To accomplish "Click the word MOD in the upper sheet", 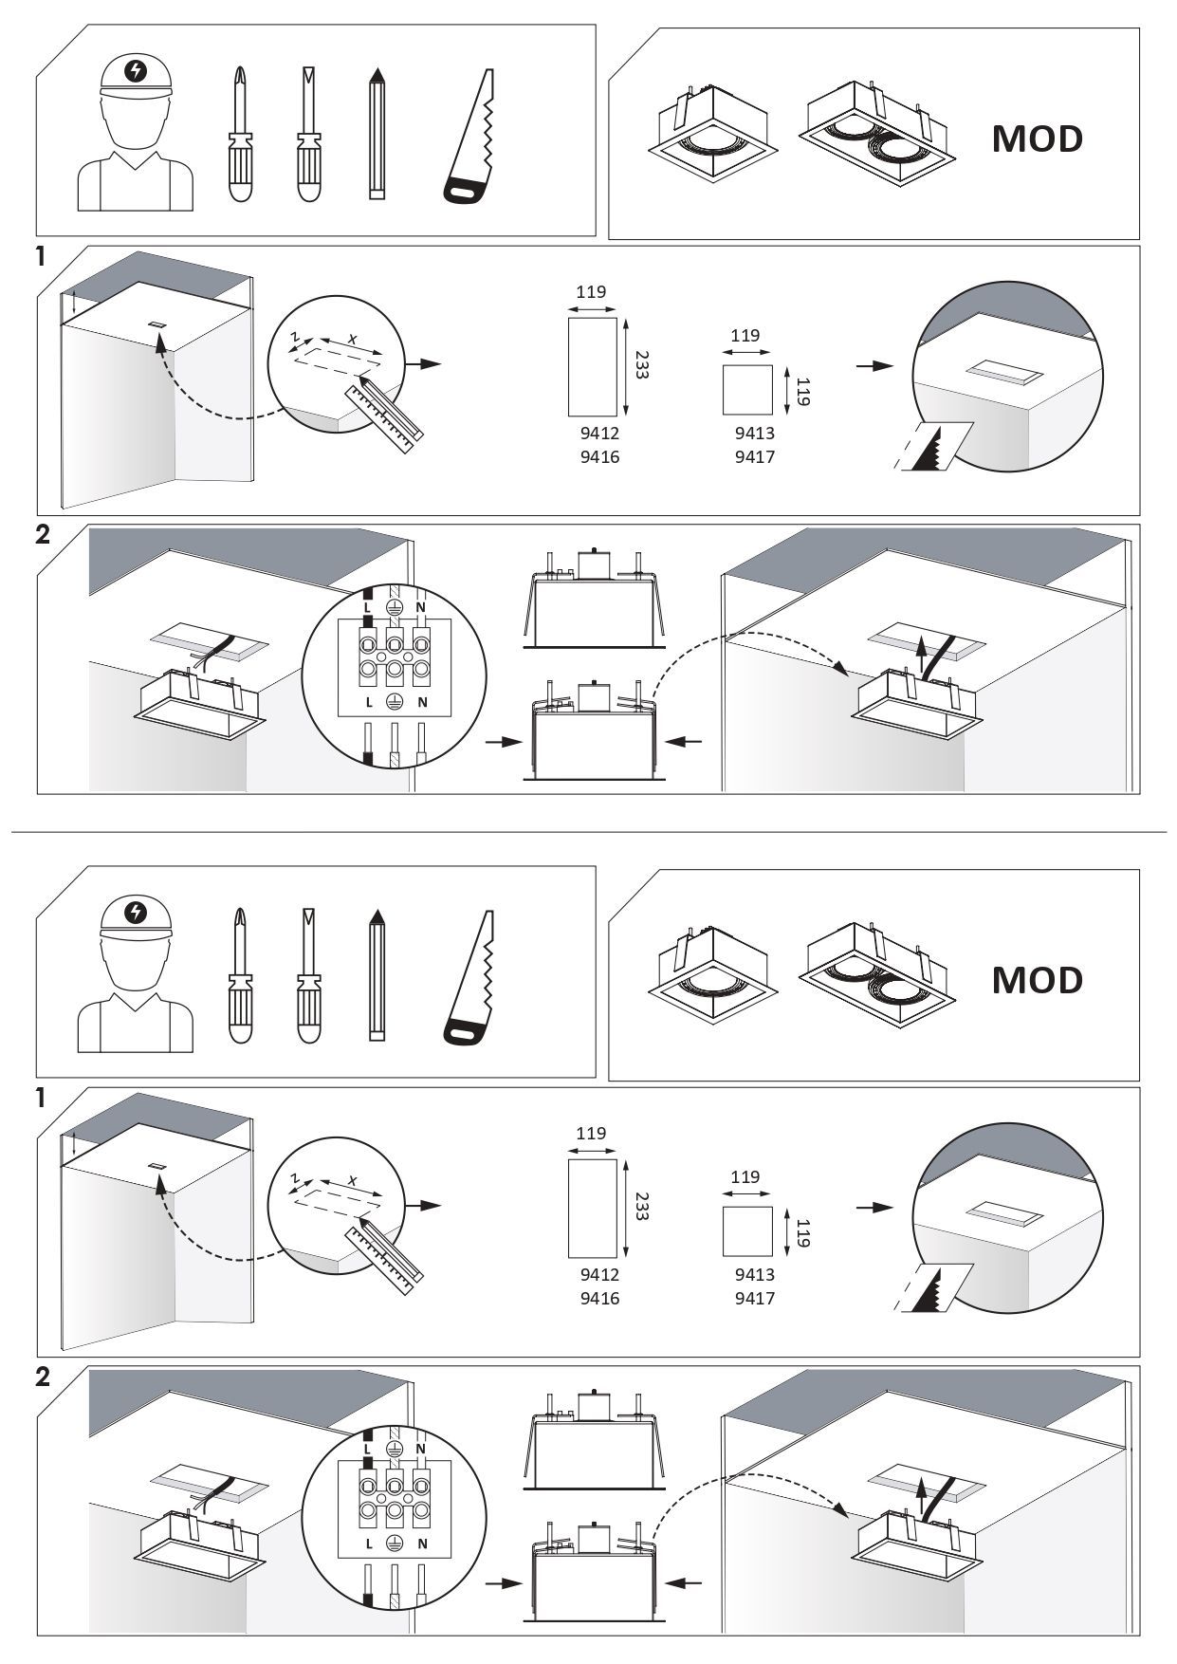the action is pos(1037,139).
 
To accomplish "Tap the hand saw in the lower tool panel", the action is pos(469,977).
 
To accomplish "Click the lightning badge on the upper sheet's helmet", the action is pos(137,70).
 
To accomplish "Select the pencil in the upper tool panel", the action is pos(377,133).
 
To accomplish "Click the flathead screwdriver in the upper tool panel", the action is pos(308,134).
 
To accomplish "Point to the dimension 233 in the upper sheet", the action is pos(640,365).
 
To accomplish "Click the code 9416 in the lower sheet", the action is pos(599,1298).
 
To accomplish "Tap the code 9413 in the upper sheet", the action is pos(754,434).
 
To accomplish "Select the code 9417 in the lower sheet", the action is pos(754,1298).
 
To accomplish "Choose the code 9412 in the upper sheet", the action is pos(599,434).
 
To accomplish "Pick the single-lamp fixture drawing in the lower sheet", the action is pos(714,977).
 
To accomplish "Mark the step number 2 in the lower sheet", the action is pos(42,1377).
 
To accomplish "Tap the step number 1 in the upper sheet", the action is pos(41,258).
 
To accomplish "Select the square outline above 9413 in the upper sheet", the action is pos(747,390).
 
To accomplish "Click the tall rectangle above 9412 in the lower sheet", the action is pos(592,1208).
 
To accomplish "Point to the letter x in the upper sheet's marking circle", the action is pos(353,339).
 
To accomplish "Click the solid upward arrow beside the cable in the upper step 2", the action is pos(919,656).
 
